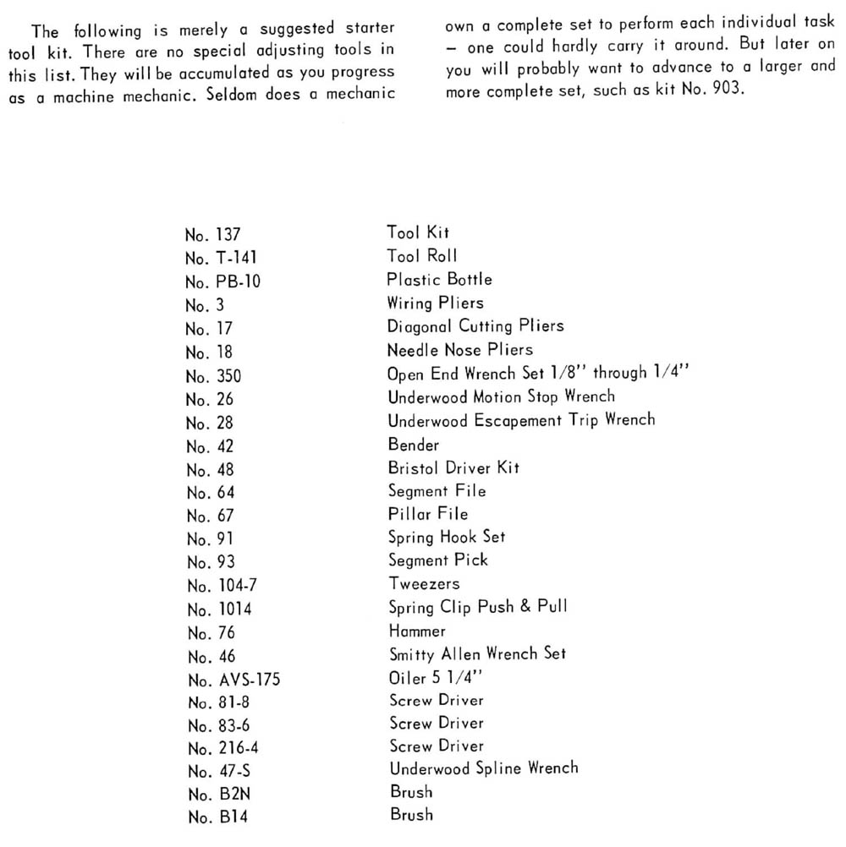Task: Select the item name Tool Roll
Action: (422, 256)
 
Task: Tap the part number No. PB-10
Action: (223, 281)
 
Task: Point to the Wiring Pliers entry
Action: (436, 303)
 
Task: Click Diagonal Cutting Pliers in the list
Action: (475, 325)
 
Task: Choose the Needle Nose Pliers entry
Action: (460, 349)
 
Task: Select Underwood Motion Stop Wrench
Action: (502, 396)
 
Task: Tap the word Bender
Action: (414, 444)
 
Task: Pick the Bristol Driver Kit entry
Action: (453, 467)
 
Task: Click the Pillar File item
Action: (428, 513)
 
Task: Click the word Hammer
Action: (417, 631)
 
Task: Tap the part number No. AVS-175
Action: (232, 679)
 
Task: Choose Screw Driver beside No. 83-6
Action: (437, 724)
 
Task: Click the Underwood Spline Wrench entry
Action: (484, 768)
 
